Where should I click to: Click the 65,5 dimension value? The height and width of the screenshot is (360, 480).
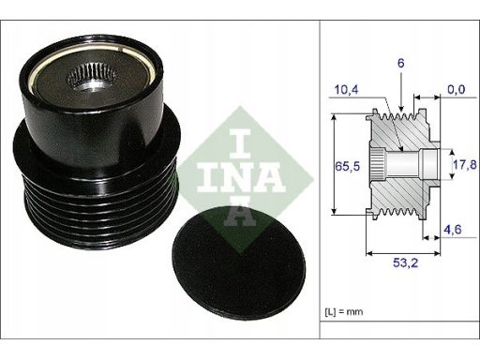(347, 166)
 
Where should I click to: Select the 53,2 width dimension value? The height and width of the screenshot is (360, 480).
(405, 262)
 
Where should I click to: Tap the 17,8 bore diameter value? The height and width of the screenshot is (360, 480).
(465, 164)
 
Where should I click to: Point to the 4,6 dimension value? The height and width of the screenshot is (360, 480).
(453, 230)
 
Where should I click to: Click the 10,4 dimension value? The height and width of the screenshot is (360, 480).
(347, 90)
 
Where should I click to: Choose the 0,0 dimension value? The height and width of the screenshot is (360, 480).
(457, 89)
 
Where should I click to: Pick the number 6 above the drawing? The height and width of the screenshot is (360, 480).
(400, 63)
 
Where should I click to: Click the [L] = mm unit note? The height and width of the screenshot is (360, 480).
(344, 311)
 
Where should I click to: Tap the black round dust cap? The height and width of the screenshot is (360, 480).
(239, 262)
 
